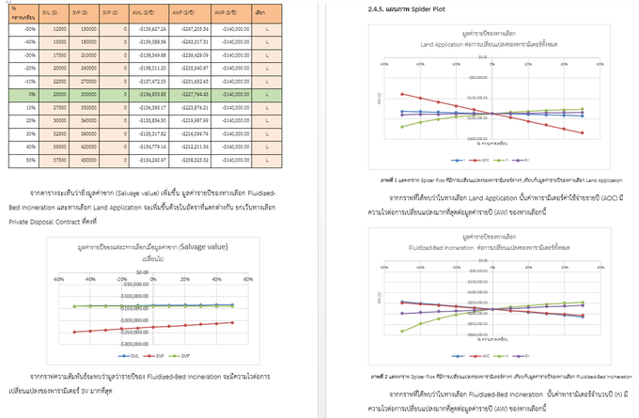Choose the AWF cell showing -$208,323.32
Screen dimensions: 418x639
(x=194, y=161)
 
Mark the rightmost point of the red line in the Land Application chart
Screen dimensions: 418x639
(x=584, y=132)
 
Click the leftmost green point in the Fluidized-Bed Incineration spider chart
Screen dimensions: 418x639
(x=402, y=331)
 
